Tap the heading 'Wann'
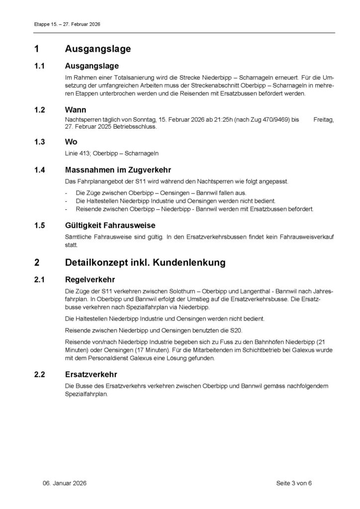click(75, 109)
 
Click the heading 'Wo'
click(71, 142)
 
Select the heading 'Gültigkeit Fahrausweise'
click(110, 226)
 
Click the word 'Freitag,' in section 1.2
click(324, 119)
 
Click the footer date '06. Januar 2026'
click(64, 483)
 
